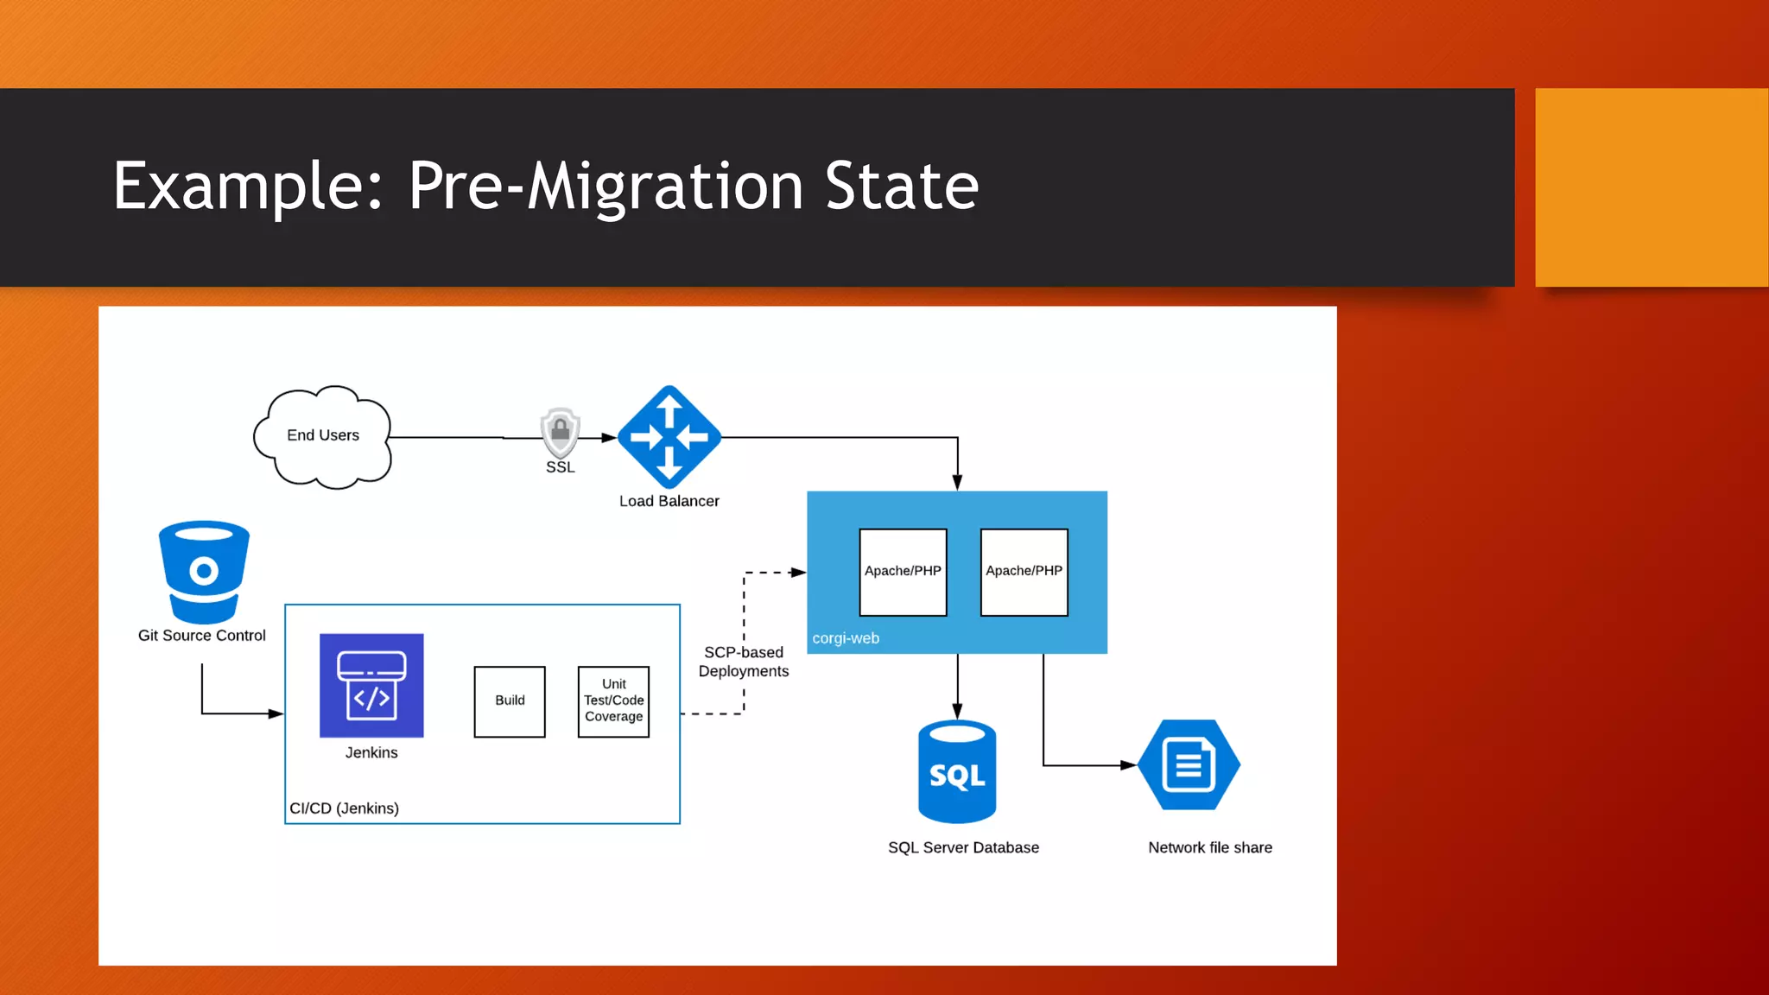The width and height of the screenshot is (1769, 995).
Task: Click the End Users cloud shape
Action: click(x=322, y=436)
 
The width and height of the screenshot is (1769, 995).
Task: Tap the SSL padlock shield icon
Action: click(x=560, y=431)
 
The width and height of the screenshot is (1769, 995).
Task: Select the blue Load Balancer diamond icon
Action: click(x=669, y=437)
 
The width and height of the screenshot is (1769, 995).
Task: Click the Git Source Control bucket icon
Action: click(x=204, y=571)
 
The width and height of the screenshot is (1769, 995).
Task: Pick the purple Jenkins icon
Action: click(x=371, y=686)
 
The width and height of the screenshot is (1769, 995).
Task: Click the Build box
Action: click(x=510, y=701)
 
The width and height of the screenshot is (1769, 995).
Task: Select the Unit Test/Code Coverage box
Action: click(x=613, y=701)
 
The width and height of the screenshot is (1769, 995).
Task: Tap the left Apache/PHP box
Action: click(x=903, y=572)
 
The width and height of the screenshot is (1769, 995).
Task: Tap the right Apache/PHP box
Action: click(x=1024, y=572)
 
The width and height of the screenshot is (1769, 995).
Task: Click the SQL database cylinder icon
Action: click(x=957, y=771)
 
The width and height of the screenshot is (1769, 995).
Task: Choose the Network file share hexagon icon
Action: click(x=1189, y=765)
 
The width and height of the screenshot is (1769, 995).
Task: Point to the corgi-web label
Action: click(x=846, y=638)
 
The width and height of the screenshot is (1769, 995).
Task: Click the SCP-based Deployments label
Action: click(x=744, y=662)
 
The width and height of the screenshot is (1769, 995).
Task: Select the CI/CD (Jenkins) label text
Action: click(x=344, y=808)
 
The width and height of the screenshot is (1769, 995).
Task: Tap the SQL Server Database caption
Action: click(x=963, y=848)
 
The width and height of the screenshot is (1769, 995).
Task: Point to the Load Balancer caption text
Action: click(x=669, y=502)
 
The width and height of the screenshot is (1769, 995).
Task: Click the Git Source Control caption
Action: click(x=202, y=636)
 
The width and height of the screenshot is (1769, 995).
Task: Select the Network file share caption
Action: click(x=1209, y=848)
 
